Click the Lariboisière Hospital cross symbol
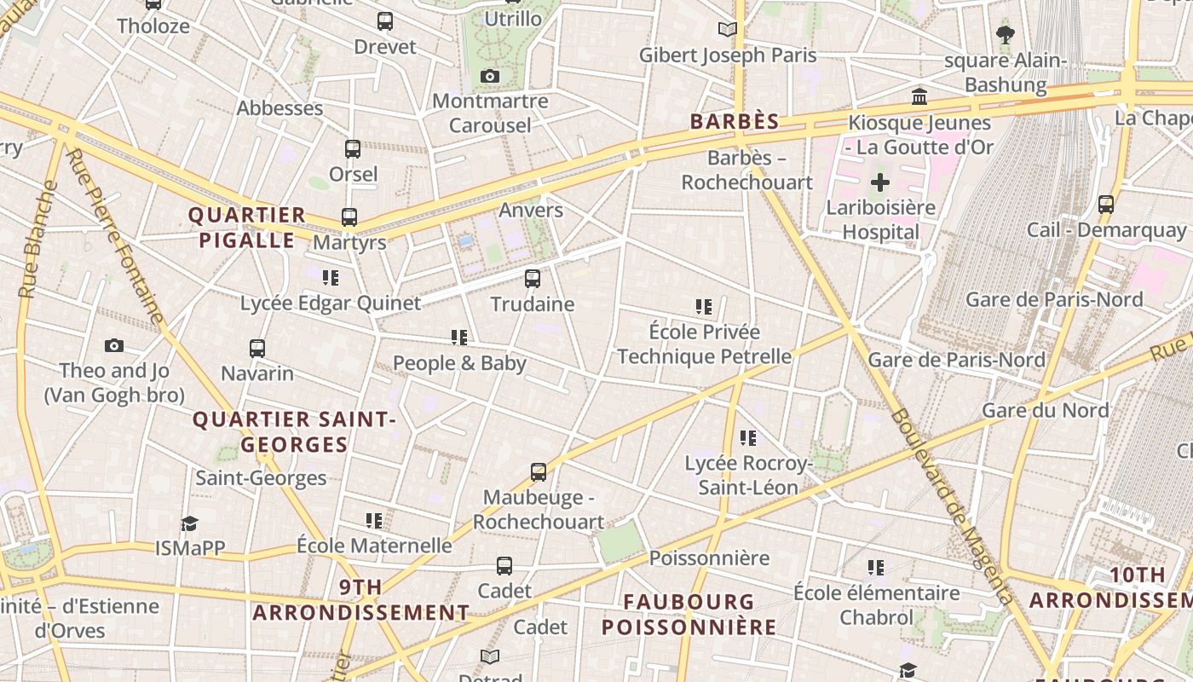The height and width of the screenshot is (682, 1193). pos(880,182)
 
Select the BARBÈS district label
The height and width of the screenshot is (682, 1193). pos(735,122)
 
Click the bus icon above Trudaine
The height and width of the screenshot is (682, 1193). pos(533,279)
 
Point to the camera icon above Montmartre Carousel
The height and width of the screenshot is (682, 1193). pos(489,77)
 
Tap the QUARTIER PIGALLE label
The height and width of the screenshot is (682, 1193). pos(247,228)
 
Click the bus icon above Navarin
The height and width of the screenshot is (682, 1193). pos(257,349)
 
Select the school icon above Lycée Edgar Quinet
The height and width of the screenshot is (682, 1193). pos(331,278)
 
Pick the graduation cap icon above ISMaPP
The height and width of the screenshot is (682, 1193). pos(189,523)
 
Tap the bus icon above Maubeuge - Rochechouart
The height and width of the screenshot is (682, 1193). pos(539,472)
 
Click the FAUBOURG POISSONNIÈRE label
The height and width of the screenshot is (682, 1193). pos(689,615)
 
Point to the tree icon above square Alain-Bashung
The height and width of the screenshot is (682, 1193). pos(1006,35)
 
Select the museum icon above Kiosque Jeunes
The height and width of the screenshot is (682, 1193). pos(919,97)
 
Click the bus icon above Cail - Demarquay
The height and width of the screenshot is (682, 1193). pos(1106,205)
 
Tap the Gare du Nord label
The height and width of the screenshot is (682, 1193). pos(1046,410)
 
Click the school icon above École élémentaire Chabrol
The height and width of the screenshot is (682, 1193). pos(876,568)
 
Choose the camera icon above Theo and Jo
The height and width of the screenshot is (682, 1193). pos(114,346)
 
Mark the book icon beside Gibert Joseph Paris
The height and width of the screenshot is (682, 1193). pos(727,30)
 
